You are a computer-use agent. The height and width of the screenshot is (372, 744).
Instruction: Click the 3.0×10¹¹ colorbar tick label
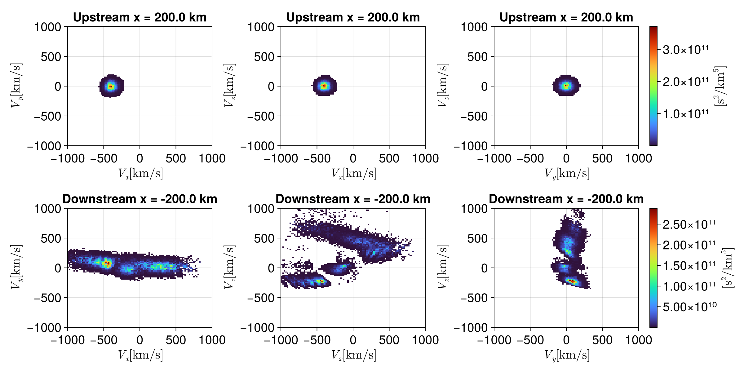click(685, 50)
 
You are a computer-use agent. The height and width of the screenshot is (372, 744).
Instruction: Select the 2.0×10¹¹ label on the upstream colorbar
click(685, 82)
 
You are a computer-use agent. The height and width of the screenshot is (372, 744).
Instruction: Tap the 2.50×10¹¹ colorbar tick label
click(689, 224)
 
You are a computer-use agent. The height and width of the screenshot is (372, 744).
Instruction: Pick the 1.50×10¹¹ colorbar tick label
click(689, 266)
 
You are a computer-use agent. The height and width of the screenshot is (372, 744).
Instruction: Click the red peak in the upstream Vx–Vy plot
click(111, 86)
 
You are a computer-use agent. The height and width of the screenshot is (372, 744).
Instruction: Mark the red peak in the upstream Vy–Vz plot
click(566, 85)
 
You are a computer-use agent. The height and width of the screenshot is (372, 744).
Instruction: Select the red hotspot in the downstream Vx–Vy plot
click(107, 263)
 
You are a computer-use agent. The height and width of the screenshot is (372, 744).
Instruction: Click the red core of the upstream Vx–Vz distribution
click(324, 85)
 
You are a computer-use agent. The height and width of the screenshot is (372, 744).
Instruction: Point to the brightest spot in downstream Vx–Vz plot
click(321, 281)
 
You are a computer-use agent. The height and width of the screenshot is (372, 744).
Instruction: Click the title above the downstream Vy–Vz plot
click(566, 199)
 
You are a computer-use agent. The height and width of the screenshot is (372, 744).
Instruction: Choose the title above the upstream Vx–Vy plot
click(140, 17)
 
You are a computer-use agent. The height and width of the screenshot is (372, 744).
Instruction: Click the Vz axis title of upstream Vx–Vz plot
click(229, 86)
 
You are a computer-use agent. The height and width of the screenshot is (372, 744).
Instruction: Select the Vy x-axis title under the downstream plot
click(567, 355)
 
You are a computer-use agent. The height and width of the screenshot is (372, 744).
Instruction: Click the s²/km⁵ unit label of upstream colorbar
click(720, 86)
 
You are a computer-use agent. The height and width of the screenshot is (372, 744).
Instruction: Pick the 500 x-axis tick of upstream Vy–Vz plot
click(602, 158)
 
